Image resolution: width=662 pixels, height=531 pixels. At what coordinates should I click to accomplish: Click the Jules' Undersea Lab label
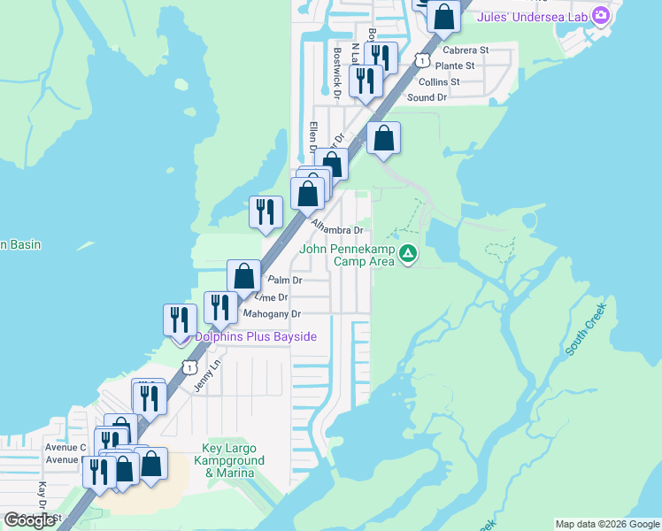(x=533, y=16)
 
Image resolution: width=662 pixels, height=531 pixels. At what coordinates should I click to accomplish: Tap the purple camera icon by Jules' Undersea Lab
(x=601, y=15)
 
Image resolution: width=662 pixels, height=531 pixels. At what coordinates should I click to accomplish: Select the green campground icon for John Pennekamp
(x=408, y=255)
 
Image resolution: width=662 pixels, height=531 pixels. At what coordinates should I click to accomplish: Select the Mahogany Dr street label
(x=273, y=314)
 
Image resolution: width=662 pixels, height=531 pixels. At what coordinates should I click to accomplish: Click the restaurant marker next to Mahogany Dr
(x=217, y=307)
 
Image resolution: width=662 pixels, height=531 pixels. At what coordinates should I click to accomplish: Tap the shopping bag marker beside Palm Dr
(x=243, y=275)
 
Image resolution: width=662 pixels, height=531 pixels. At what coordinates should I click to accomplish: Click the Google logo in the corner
(x=30, y=520)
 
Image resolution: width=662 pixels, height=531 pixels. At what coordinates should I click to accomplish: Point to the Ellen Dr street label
(x=313, y=137)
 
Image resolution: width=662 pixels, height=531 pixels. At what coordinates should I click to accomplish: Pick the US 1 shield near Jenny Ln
(x=189, y=366)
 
